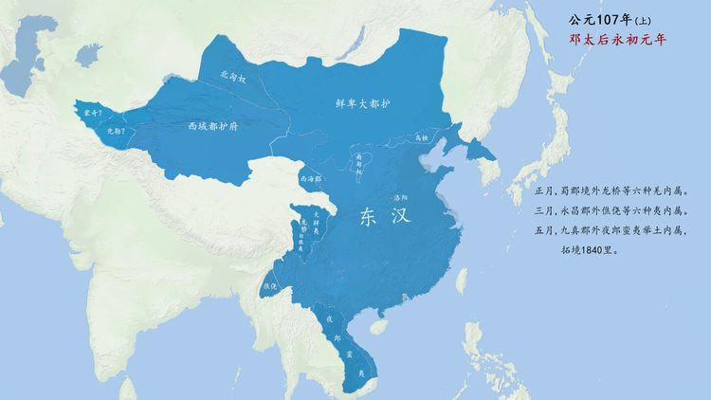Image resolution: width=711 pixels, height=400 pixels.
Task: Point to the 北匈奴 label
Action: click(x=233, y=77)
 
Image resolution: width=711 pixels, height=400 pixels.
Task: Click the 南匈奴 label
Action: click(x=359, y=164)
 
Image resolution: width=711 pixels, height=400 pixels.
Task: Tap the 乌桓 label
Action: click(x=422, y=137)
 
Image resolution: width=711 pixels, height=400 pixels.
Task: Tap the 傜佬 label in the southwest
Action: click(x=269, y=286)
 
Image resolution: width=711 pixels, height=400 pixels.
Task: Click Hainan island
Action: click(x=377, y=325)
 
